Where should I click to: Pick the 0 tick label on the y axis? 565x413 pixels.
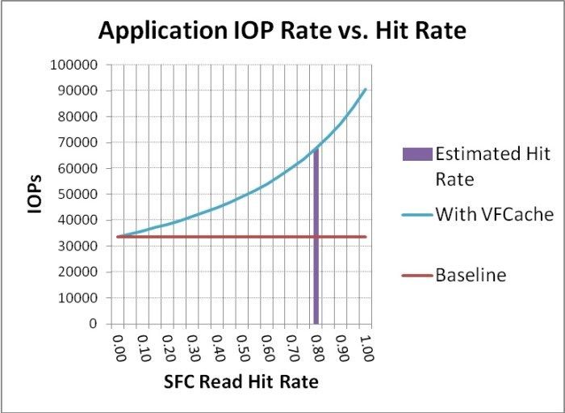[x=94, y=324]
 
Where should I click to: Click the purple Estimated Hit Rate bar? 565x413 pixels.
[x=316, y=242]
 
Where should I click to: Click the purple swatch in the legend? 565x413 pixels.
[x=413, y=154]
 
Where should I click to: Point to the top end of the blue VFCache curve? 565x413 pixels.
[x=366, y=89]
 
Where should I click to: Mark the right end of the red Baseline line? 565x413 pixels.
[x=366, y=237]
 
